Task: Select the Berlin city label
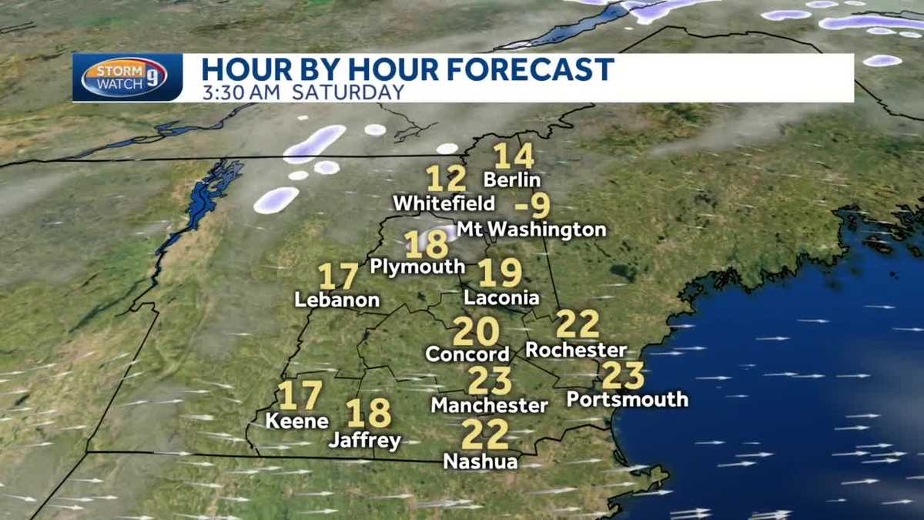pos(512,180)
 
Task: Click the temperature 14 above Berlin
pos(514,156)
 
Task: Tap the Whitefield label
pos(444,204)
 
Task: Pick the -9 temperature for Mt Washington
pos(533,206)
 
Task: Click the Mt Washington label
pos(531,230)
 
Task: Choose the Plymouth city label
pos(417,267)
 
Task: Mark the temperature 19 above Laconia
pos(500,273)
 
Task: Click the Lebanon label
pos(337,300)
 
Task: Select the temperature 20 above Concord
pos(475,331)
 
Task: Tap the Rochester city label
pos(576,350)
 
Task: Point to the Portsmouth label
pos(627,399)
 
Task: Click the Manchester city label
pos(489,404)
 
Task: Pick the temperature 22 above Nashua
pos(485,435)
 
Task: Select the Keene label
pos(296,421)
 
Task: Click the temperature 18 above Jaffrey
pos(369,414)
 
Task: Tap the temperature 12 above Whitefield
pos(446,179)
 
